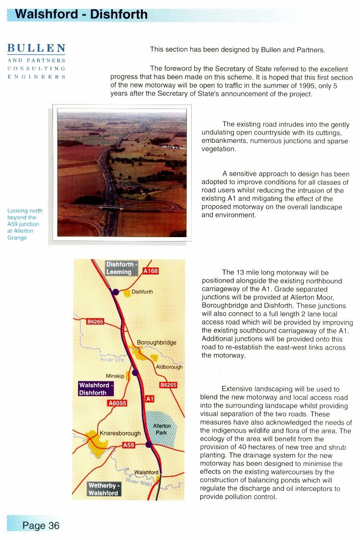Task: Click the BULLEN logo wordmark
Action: click(36, 49)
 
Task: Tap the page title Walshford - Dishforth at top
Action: click(81, 14)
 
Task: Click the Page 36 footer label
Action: click(41, 525)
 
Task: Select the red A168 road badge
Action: click(151, 270)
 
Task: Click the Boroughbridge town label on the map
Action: click(156, 342)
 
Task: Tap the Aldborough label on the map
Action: click(169, 367)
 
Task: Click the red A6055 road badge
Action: click(117, 404)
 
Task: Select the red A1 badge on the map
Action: click(150, 399)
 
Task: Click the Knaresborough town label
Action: click(120, 433)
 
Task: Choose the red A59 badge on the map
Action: click(129, 445)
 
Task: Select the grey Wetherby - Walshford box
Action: click(103, 489)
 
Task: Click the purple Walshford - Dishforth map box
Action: click(96, 389)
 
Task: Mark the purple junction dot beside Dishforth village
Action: click(115, 292)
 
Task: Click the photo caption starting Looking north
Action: click(25, 224)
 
